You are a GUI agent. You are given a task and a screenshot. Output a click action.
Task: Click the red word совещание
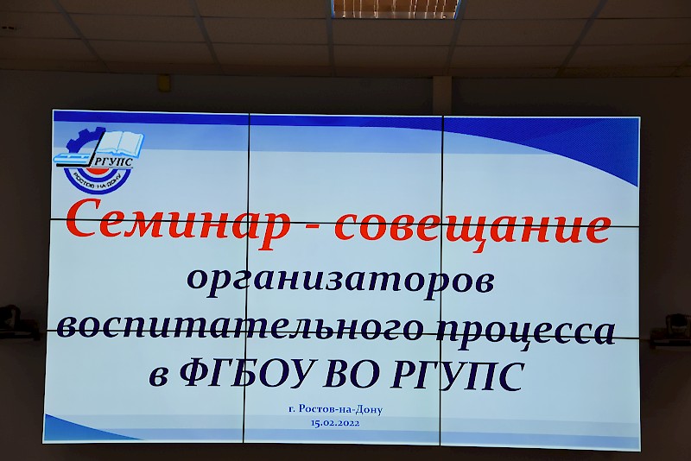tap(472, 227)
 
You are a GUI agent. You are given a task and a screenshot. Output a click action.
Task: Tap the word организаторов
tap(340, 281)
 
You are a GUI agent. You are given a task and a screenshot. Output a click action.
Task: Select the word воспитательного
tap(238, 328)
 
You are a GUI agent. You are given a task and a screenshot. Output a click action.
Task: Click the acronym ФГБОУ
tap(247, 374)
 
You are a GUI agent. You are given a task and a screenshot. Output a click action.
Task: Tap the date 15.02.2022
tap(335, 423)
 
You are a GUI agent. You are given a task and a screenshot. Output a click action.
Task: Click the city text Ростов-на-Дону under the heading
tap(340, 409)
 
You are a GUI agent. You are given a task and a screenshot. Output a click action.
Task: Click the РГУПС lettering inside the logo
tap(113, 162)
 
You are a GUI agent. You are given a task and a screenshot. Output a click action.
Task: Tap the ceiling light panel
tap(396, 9)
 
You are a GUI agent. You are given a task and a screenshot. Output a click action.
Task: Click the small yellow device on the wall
tap(164, 83)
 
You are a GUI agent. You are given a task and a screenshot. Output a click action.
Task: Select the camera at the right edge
tap(672, 331)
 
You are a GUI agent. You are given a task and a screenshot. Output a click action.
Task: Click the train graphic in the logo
tap(74, 159)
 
